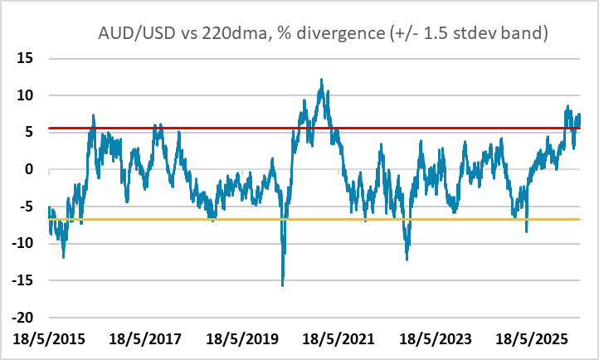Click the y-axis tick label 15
[x=25, y=58]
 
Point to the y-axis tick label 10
[x=25, y=95]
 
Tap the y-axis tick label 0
[x=29, y=169]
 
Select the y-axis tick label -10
[x=22, y=243]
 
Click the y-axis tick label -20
[x=22, y=317]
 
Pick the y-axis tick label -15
[x=22, y=280]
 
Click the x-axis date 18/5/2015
[x=49, y=339]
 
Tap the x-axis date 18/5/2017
[x=145, y=339]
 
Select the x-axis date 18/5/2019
[x=242, y=339]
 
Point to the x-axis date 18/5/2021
[x=338, y=339]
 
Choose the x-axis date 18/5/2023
[x=435, y=339]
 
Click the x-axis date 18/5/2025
[x=532, y=339]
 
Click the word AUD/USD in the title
[x=137, y=33]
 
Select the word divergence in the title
[x=341, y=34]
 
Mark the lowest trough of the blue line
[x=283, y=285]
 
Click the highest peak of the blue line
[x=322, y=80]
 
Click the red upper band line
[x=314, y=128]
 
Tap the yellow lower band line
[x=314, y=220]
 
